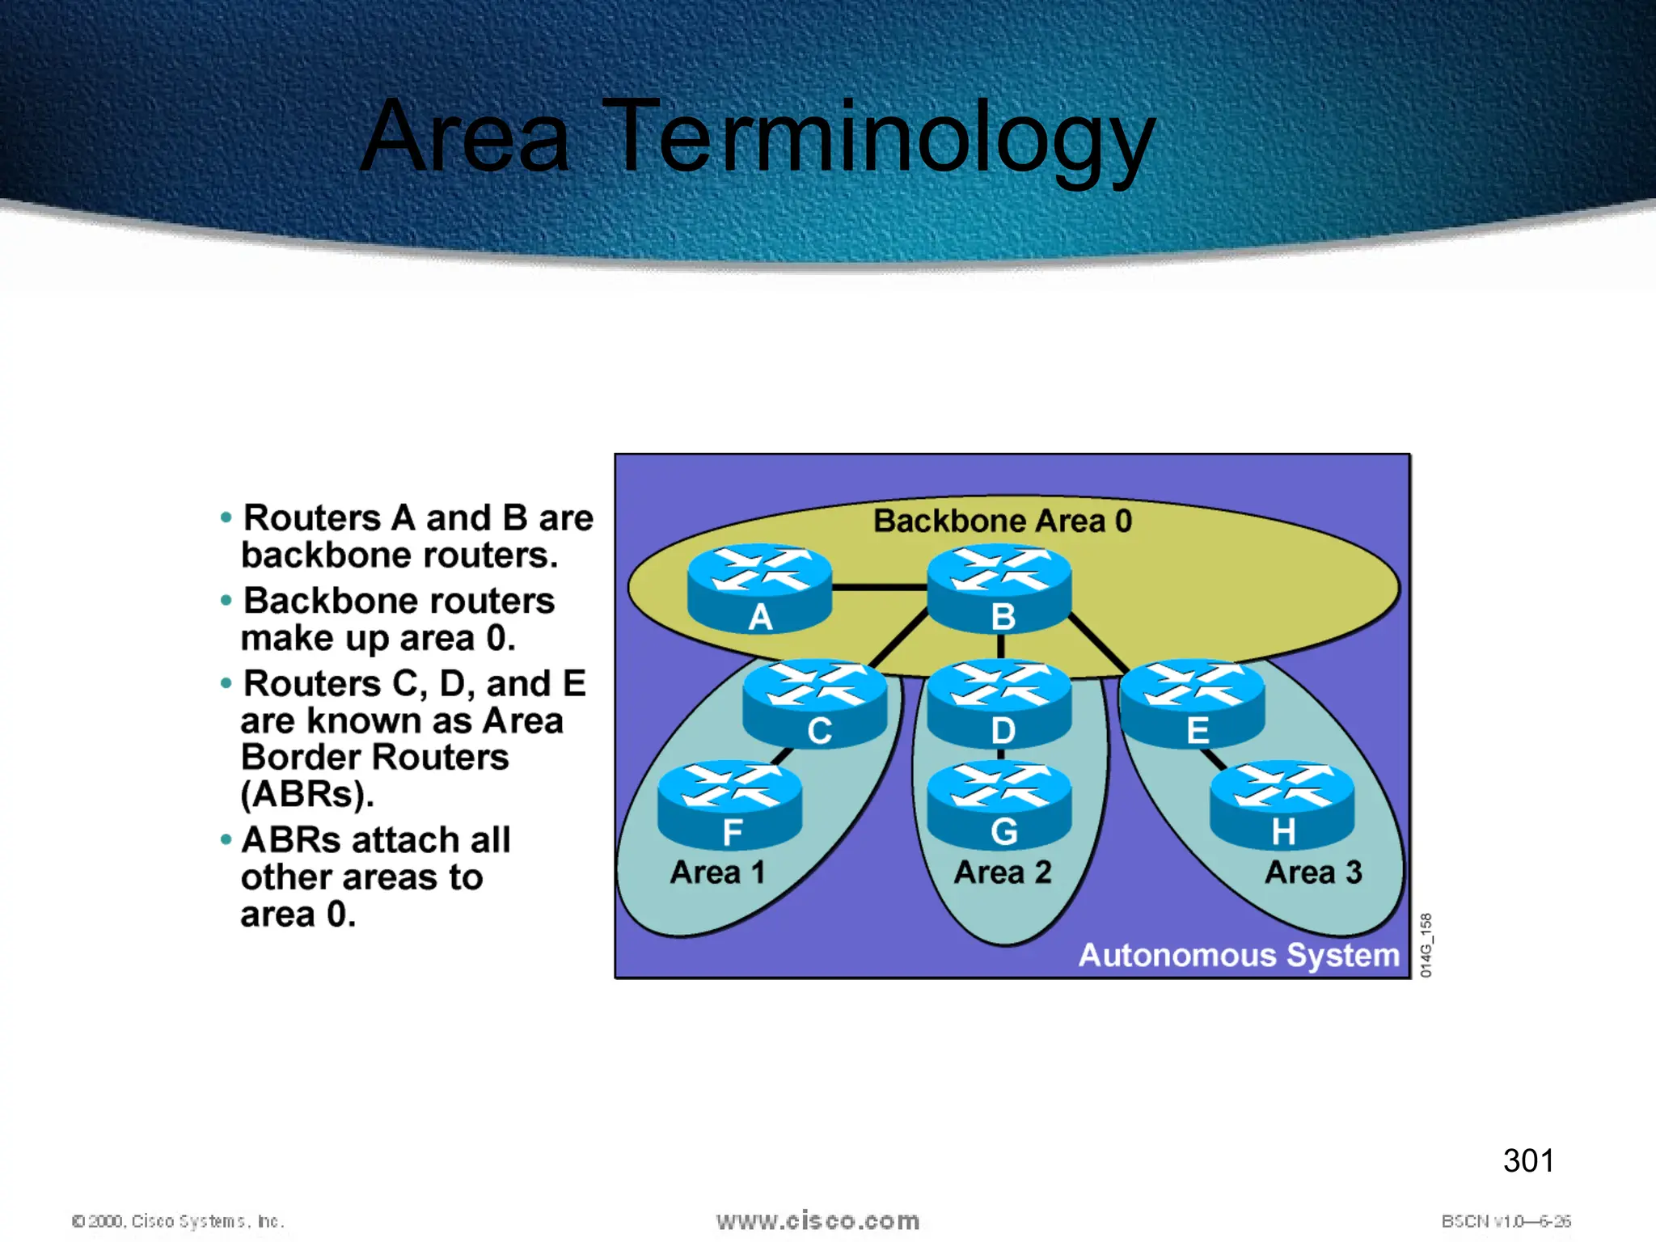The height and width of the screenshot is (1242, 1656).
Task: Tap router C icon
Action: coord(815,703)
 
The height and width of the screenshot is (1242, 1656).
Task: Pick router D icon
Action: coord(999,703)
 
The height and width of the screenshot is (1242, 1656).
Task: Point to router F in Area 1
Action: coord(730,805)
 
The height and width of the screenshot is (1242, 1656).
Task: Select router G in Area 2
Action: coord(999,805)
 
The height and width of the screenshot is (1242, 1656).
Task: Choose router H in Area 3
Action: coord(1282,805)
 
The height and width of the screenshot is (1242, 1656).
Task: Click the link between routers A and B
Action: coord(879,587)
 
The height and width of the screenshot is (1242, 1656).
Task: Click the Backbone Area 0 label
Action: coord(1002,521)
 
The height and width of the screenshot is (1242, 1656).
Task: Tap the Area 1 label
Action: coord(717,872)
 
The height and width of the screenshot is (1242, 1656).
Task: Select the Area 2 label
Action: coord(1002,872)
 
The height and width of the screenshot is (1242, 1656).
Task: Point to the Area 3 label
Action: coord(1313,872)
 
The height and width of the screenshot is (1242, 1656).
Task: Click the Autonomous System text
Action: coord(1238,955)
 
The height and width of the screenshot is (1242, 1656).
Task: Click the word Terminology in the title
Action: coord(877,137)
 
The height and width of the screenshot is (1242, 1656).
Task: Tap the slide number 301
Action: coord(1527,1160)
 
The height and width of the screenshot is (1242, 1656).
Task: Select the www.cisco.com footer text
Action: coord(817,1220)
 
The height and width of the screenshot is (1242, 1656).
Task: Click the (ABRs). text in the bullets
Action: coord(307,794)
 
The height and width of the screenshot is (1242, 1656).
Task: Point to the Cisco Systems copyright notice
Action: coord(178,1221)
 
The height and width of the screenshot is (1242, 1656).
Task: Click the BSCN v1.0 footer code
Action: coord(1505,1221)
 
